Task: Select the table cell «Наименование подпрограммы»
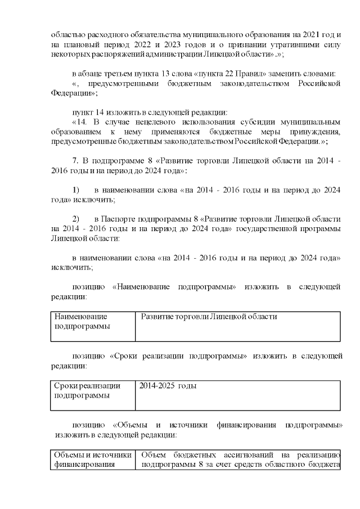pos(92,326)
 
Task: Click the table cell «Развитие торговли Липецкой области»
pos(237,326)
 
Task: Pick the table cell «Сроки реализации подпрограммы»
pos(92,395)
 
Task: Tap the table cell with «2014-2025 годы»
pos(237,395)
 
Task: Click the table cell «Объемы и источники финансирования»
pos(92,460)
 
